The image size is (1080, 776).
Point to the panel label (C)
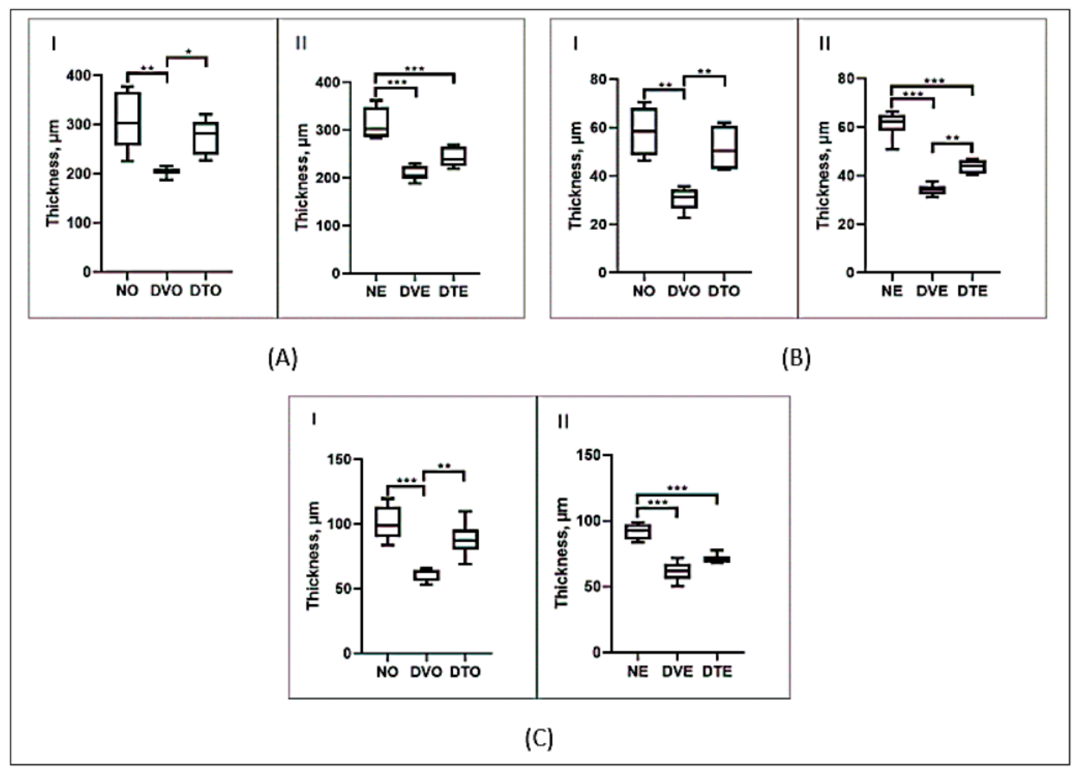tap(539, 738)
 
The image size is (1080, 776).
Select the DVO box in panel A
tap(167, 171)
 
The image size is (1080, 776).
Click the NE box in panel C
tap(638, 532)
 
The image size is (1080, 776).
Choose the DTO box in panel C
tap(465, 539)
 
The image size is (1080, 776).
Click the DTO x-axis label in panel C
tap(465, 672)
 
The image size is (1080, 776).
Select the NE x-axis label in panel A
tap(376, 291)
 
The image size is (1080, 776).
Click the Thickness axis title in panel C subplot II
tap(562, 552)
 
